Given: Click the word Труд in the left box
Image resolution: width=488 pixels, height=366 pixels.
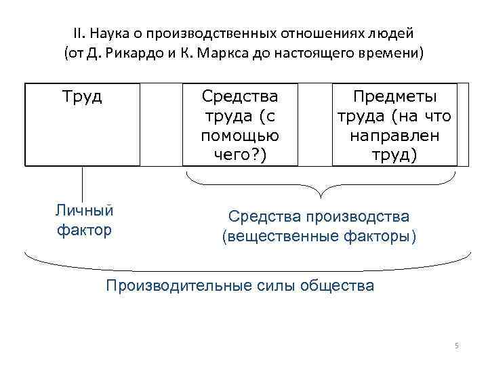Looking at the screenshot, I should (83, 97).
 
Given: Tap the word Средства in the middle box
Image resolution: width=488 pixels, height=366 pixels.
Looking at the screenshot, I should (240, 97).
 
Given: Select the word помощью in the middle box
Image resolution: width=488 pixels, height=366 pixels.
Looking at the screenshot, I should (240, 136).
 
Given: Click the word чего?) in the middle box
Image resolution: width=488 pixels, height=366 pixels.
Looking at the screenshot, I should (240, 155).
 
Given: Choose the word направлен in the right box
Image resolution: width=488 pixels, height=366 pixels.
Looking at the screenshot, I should (394, 136).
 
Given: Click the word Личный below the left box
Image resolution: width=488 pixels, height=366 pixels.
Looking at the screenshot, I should (84, 210).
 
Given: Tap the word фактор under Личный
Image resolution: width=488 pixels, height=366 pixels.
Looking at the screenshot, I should (84, 230).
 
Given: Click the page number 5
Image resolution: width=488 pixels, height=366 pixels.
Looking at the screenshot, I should (457, 346).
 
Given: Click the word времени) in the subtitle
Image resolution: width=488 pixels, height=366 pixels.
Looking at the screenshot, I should (392, 54).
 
